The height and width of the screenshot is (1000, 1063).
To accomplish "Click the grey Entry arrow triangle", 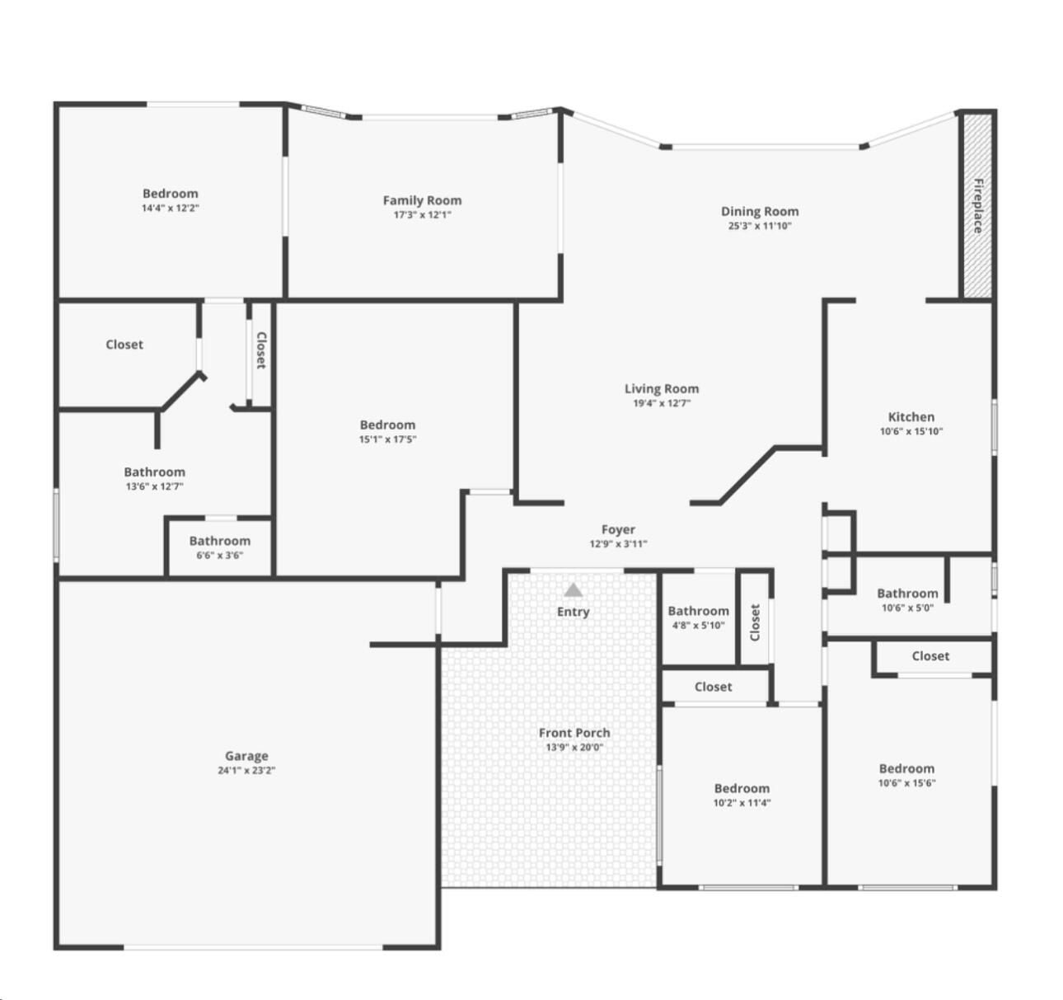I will [573, 590].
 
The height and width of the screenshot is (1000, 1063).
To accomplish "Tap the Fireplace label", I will [978, 206].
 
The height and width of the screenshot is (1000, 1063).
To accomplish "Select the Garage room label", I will [246, 755].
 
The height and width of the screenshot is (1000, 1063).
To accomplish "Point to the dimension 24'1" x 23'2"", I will [246, 771].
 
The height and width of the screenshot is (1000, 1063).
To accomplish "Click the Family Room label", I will [422, 200].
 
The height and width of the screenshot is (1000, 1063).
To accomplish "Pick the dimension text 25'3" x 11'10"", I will [759, 226].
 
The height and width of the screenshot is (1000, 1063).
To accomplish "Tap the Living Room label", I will [661, 389].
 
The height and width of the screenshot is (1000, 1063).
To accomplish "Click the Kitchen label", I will [911, 416].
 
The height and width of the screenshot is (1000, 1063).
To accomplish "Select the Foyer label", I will [618, 529].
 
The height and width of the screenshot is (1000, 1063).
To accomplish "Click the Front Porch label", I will [574, 732].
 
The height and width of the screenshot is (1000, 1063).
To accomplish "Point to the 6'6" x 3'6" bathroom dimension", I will [219, 556].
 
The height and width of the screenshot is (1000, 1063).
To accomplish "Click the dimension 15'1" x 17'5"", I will [387, 439].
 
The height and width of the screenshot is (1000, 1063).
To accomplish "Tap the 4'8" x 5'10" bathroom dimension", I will [698, 626].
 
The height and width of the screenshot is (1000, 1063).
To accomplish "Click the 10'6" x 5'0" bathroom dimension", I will [906, 608].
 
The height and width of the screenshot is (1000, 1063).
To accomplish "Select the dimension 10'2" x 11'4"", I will [742, 803].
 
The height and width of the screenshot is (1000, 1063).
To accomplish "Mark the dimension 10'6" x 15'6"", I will [906, 783].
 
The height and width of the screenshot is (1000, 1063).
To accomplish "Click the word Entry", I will [573, 612].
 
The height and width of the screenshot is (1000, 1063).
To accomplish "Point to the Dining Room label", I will [759, 211].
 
